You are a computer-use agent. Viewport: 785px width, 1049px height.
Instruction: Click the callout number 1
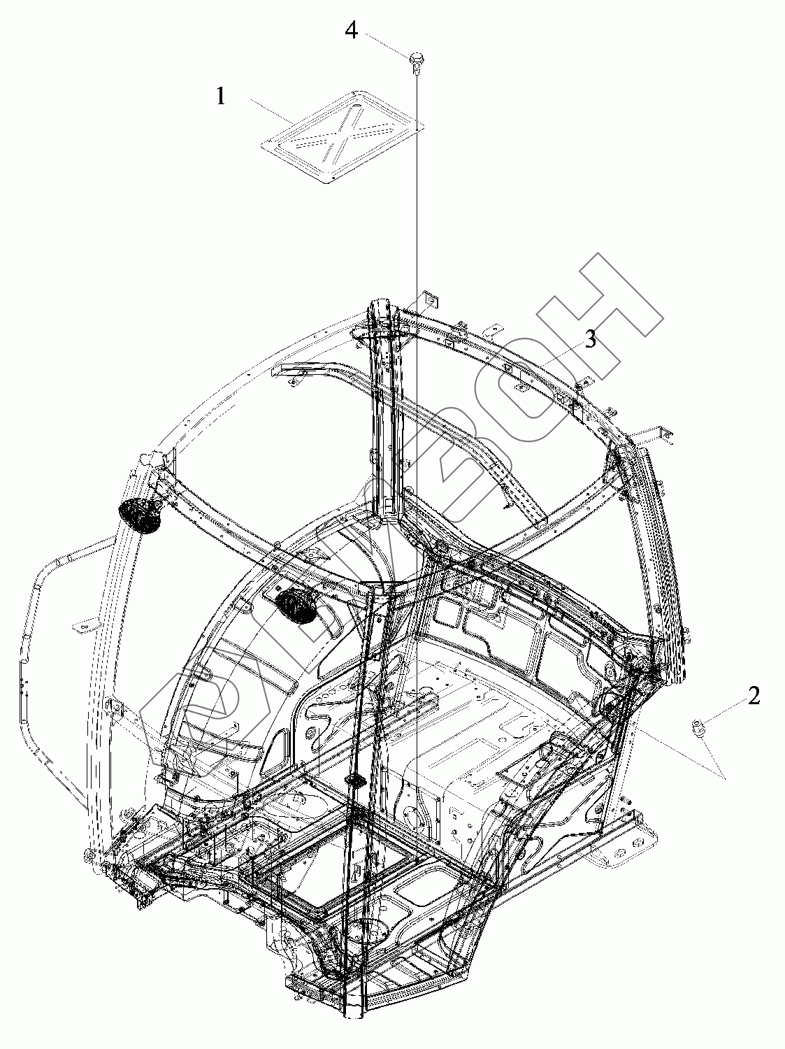221,96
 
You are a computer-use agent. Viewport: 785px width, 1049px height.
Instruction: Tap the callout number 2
754,697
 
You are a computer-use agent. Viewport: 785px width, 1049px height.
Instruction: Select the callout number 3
591,340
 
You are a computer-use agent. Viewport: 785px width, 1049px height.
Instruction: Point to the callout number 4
352,31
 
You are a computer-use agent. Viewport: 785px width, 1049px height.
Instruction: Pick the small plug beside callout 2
697,728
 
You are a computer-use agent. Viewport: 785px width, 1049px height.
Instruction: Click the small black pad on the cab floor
355,779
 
